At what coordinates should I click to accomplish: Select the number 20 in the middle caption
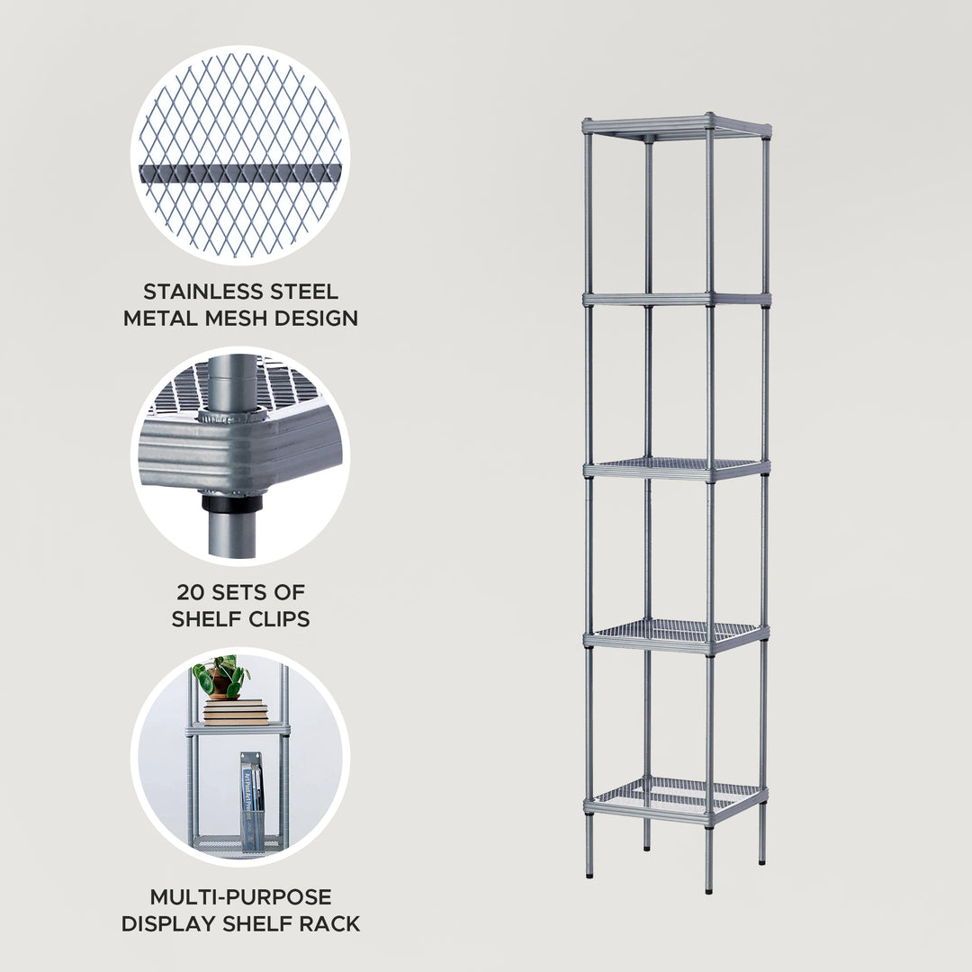pos(193,592)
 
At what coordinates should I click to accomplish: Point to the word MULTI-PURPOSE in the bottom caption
pos(240,897)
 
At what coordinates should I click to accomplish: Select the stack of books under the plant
pos(236,712)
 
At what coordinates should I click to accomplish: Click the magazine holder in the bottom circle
pos(251,801)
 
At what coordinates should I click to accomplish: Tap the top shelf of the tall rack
pos(677,126)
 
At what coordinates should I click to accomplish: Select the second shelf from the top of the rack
pos(677,297)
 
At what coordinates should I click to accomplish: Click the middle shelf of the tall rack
pos(677,467)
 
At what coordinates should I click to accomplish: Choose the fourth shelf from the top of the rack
pos(677,634)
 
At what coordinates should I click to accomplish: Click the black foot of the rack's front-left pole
pos(589,872)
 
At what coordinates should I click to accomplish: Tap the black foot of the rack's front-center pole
pos(709,889)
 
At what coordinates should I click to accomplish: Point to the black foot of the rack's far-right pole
pos(762,860)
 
